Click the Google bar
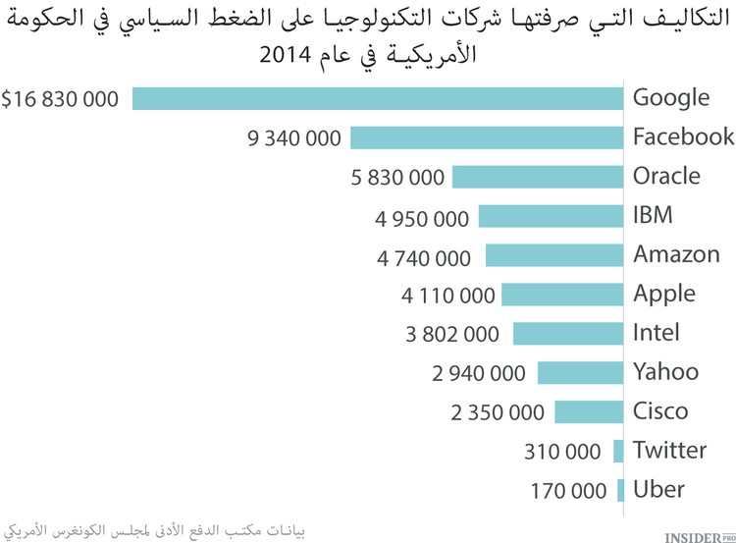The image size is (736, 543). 379,98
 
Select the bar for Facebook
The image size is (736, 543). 487,137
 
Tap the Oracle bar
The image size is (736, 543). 538,177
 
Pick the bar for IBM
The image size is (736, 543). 551,216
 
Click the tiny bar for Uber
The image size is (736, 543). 620,490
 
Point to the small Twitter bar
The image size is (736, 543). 618,451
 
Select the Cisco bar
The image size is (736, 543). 589,411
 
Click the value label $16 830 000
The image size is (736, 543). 61,99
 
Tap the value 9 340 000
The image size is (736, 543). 294,138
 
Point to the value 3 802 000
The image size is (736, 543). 452,334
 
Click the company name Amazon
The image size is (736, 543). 676,254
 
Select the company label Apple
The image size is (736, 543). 663,294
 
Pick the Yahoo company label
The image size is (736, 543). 665,372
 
